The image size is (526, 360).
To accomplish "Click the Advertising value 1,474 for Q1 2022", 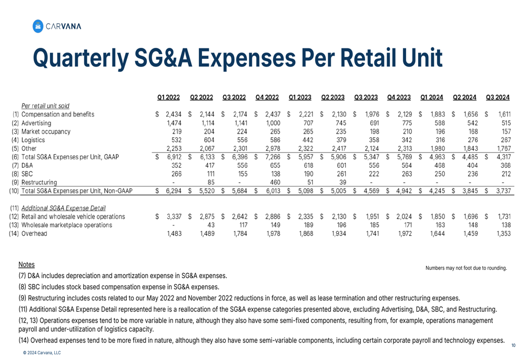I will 173,122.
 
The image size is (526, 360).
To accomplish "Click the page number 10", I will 513,345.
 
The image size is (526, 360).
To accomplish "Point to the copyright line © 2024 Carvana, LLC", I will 42,353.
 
